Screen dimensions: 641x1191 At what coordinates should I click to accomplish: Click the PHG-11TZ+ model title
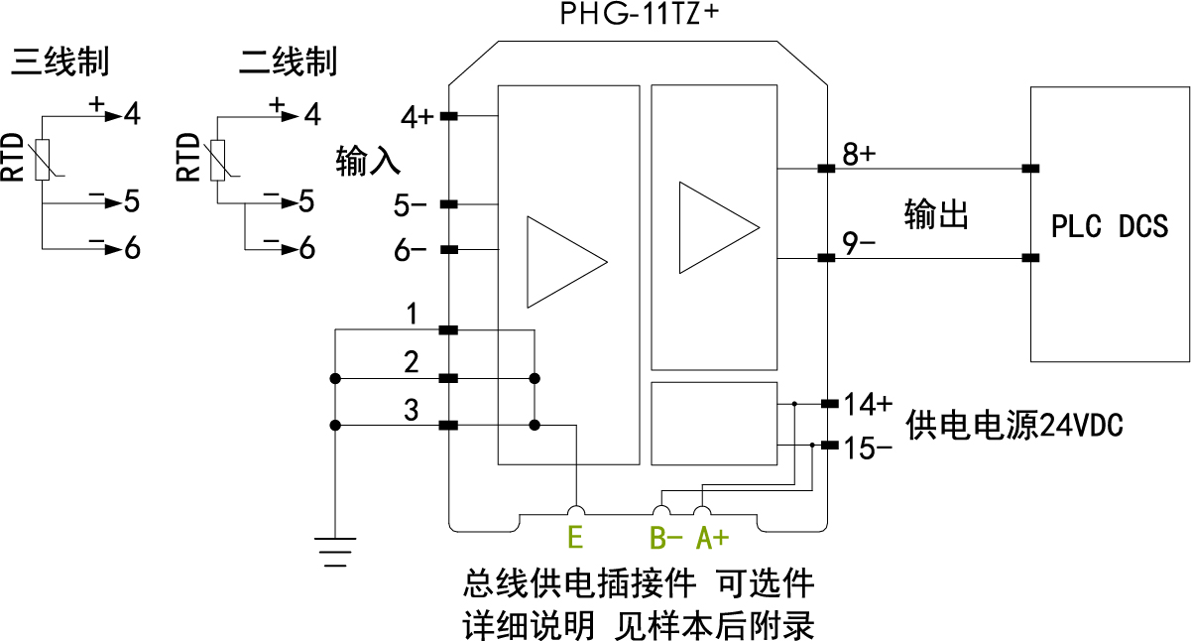tap(639, 15)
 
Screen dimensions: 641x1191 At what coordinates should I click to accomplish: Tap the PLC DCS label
tap(1109, 226)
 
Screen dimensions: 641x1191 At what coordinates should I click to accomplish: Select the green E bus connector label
tap(574, 538)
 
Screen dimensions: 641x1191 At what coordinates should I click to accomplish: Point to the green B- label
tap(666, 538)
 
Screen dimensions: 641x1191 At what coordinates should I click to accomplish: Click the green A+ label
tap(712, 538)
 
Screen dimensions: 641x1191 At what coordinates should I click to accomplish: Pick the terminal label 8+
tap(859, 155)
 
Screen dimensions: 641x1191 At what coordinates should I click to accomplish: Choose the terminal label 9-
tap(859, 242)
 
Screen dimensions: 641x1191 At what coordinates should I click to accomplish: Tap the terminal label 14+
tap(869, 404)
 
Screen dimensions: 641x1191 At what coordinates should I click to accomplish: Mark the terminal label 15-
tap(869, 449)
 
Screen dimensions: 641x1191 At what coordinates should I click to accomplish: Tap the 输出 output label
tap(936, 214)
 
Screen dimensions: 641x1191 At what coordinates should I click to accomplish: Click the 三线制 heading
tap(60, 63)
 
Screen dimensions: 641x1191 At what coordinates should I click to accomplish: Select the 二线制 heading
tap(289, 63)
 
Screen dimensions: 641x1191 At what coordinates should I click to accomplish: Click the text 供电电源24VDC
tap(1014, 427)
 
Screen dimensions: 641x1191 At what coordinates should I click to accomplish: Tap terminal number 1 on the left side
tap(412, 315)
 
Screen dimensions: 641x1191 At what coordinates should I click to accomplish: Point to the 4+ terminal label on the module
tap(417, 118)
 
